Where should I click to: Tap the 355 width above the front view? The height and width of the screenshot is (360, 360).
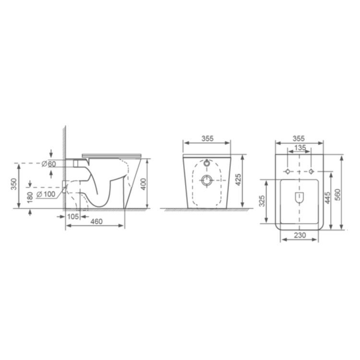[207, 139]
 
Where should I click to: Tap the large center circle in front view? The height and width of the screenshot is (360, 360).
[207, 180]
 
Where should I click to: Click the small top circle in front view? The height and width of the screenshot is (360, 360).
[207, 164]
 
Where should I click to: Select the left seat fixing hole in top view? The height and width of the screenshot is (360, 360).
[287, 171]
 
